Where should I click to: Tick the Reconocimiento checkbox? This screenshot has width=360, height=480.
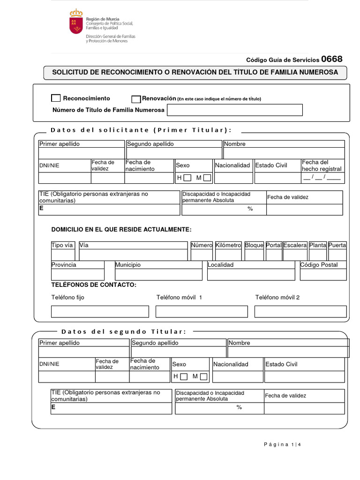[x=56, y=98]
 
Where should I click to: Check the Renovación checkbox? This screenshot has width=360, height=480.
[x=136, y=99]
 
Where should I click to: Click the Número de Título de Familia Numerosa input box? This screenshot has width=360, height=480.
[x=234, y=110]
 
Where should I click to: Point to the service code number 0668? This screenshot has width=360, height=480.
[x=332, y=59]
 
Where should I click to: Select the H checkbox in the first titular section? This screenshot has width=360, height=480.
[x=187, y=178]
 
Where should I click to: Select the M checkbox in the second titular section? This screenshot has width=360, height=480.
[x=203, y=376]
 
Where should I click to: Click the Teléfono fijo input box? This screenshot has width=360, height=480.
[x=100, y=311]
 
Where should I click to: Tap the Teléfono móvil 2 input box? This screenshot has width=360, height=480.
[x=300, y=311]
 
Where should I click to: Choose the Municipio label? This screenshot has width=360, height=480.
[x=128, y=265]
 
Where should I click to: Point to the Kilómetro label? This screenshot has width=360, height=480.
[x=228, y=245]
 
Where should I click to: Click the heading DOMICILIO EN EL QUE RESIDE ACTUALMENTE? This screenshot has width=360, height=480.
[x=121, y=229]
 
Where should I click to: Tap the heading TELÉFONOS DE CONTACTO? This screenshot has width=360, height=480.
[x=94, y=285]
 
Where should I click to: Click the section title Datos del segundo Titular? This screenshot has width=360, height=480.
[x=124, y=332]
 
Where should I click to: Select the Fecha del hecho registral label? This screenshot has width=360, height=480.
[x=322, y=165]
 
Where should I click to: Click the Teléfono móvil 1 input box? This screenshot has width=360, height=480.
[x=202, y=311]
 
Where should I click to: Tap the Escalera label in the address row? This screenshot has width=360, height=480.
[x=295, y=245]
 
